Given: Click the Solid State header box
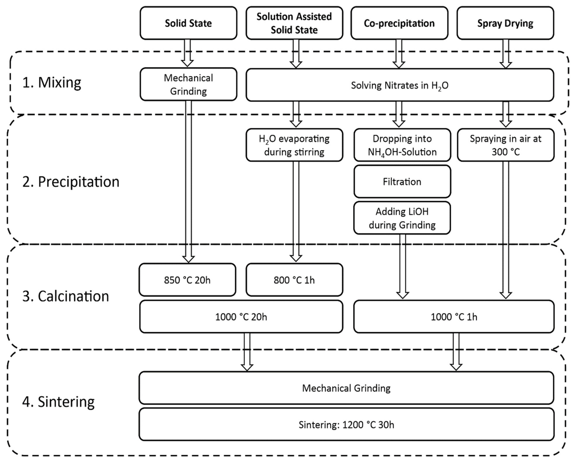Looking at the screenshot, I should [x=188, y=23].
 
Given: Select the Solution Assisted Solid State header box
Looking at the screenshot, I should [x=294, y=23].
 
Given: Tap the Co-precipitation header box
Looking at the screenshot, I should [x=399, y=23].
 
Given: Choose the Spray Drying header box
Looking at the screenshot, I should [x=505, y=23].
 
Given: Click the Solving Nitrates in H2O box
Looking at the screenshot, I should [x=400, y=85].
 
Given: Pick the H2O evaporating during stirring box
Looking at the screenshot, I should [x=294, y=145].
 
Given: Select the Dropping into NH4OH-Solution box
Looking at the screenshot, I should [x=402, y=145].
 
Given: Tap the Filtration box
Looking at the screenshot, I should [x=402, y=182].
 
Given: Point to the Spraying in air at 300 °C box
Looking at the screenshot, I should [x=506, y=145].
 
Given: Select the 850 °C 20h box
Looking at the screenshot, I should [x=187, y=280].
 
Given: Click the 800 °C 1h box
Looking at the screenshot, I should [x=294, y=280].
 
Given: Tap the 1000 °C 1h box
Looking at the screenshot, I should [x=454, y=317].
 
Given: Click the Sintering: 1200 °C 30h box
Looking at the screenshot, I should [x=346, y=425].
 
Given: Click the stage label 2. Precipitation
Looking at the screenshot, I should [x=71, y=182].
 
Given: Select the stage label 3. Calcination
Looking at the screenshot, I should [x=66, y=296].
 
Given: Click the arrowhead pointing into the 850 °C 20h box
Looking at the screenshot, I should [x=188, y=259].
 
